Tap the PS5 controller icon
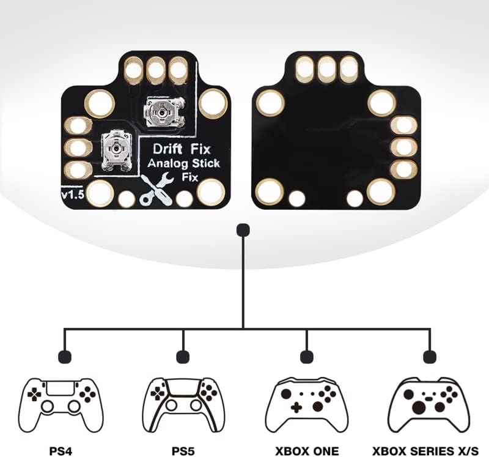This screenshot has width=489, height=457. (181, 403)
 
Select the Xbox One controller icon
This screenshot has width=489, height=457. (306, 404)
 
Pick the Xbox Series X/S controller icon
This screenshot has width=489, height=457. (430, 404)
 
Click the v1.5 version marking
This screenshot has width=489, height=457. (72, 194)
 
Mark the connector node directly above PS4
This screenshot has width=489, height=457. (63, 356)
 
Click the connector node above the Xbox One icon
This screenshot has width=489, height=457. (307, 356)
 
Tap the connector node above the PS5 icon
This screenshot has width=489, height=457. (182, 356)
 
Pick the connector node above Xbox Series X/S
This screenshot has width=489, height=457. (430, 356)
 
